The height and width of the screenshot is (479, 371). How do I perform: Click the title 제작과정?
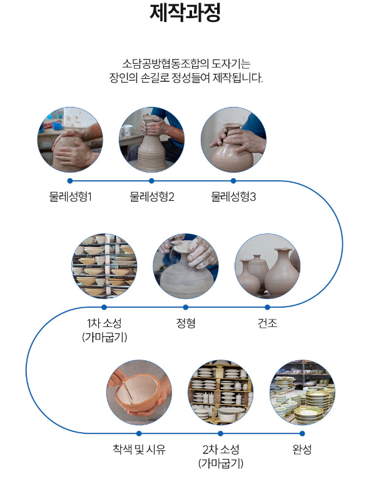click(x=185, y=13)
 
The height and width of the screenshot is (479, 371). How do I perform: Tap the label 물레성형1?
click(x=70, y=196)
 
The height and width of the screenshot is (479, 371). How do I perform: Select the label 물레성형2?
click(x=152, y=196)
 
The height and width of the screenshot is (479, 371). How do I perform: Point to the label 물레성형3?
click(x=233, y=196)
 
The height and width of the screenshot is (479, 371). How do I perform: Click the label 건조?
click(x=267, y=323)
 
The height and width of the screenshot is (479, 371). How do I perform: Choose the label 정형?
click(x=186, y=323)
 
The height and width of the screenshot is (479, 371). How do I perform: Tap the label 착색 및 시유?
click(x=139, y=450)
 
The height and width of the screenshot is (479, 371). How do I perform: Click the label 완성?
click(x=302, y=450)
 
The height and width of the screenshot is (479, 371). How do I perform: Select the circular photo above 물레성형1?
click(x=70, y=139)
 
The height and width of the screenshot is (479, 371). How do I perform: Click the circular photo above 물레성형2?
click(x=151, y=139)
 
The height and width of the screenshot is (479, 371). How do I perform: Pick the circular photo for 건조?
click(x=267, y=266)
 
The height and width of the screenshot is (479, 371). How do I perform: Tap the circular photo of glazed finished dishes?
click(x=302, y=393)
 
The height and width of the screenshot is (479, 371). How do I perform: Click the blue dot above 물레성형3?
click(x=233, y=181)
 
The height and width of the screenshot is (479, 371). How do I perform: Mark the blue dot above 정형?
click(x=186, y=307)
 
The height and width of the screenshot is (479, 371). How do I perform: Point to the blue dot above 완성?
click(x=302, y=433)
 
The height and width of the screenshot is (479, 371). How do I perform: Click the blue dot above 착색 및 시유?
click(x=139, y=433)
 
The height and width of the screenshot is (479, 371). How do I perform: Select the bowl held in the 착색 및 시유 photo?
click(x=139, y=393)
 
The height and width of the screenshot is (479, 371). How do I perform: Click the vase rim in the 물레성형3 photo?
click(x=233, y=126)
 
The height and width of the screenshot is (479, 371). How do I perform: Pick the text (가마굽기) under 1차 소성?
click(x=104, y=338)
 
